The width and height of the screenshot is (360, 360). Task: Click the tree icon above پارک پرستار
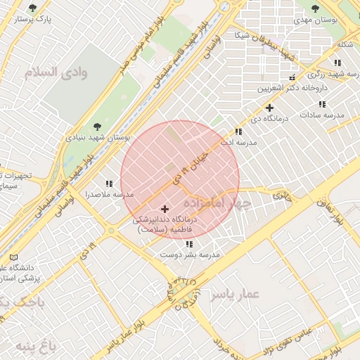tap(32, 8)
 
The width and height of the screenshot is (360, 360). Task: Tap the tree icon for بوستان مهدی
tap(314, 8)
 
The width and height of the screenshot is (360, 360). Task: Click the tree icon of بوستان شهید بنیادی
tap(98, 127)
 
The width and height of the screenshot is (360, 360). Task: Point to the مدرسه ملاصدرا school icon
tap(108, 183)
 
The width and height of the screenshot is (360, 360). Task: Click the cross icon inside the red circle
tap(165, 209)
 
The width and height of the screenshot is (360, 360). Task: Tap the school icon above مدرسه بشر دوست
tap(189, 244)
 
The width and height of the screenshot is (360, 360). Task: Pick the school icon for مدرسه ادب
tap(238, 131)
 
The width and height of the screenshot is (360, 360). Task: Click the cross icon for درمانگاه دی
tap(269, 108)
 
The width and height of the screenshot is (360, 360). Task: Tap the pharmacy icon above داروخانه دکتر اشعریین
tap(292, 77)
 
